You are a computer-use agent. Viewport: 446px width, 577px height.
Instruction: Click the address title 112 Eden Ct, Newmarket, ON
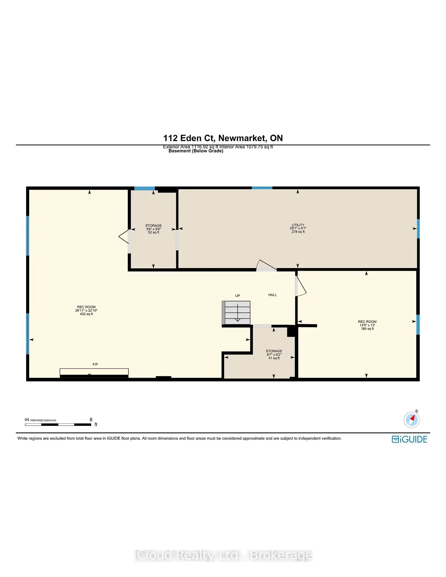[223, 138]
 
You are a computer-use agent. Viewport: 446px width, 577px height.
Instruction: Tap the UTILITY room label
[298, 225]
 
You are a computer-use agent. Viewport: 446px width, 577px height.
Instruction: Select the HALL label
[272, 295]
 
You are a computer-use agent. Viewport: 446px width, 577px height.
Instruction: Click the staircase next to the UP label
[237, 313]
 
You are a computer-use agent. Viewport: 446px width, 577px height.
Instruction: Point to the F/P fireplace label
[95, 364]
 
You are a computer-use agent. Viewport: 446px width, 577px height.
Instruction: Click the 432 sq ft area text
[86, 314]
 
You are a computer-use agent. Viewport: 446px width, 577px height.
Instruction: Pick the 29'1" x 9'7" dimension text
[298, 228]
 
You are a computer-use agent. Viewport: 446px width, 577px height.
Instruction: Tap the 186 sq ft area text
[367, 329]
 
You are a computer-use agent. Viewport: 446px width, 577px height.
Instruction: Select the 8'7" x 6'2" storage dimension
[274, 355]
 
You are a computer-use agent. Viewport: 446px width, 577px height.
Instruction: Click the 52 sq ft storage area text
[153, 232]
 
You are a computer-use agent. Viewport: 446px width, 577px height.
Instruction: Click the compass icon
[412, 420]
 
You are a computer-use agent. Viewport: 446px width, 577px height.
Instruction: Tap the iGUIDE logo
[409, 439]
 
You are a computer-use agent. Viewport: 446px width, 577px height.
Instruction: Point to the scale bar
[58, 425]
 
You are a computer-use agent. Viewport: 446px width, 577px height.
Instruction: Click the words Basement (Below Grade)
[196, 151]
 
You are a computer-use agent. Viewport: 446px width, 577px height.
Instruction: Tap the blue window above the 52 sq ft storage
[144, 188]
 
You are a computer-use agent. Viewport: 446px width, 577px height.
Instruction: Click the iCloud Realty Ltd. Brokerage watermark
[223, 555]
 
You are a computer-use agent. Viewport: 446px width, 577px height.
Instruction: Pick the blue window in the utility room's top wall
[262, 188]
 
